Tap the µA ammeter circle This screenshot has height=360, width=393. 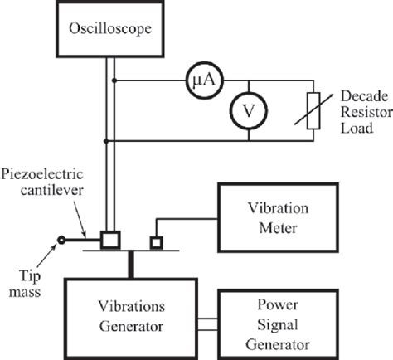200,80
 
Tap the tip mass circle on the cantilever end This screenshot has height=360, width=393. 60,242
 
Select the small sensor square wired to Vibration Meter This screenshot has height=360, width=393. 155,243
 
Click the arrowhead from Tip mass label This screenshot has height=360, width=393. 56,250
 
